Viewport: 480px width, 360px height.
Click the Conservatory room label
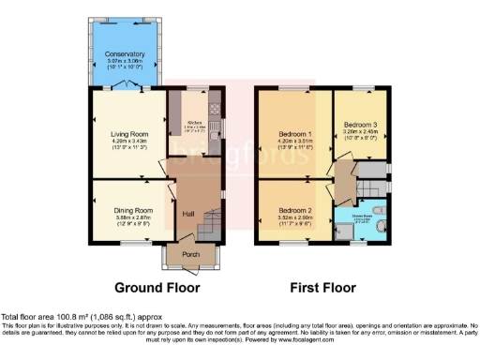coord(125,54)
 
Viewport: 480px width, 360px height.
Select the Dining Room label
coord(132,210)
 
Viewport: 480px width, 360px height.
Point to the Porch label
coord(189,253)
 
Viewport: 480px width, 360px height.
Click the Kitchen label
coord(195,123)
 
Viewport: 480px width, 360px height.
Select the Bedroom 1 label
coord(292,133)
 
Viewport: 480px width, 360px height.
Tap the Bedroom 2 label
coord(292,210)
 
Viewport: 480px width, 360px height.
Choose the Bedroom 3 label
coord(361,125)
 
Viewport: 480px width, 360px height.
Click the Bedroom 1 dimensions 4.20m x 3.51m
coord(292,141)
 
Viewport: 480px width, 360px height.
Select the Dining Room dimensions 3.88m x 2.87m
coord(132,217)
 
